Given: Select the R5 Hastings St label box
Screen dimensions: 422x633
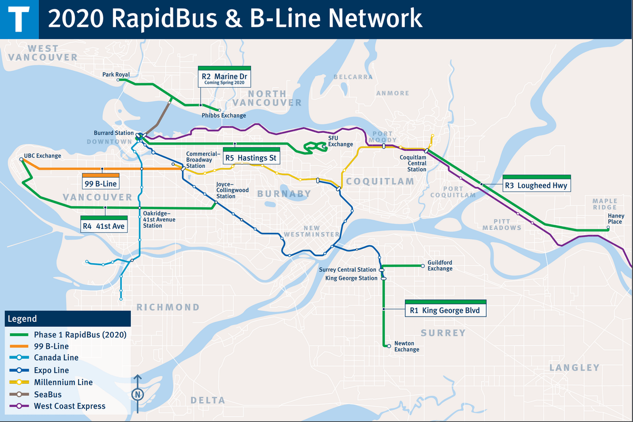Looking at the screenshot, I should tap(250, 157).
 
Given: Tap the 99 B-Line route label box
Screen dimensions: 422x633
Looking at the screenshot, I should tap(101, 183).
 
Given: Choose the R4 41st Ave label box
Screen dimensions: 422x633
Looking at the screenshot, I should tap(103, 225).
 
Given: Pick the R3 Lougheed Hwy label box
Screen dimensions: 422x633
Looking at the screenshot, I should tap(536, 184).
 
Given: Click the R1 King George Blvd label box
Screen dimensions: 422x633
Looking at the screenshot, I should tap(445, 310).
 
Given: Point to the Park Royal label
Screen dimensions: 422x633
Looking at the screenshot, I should tap(116, 75).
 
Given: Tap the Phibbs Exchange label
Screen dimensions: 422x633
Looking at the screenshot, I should tap(223, 116).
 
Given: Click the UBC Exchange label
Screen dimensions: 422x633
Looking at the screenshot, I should tap(42, 156).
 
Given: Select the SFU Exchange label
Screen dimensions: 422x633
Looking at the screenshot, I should tap(340, 141).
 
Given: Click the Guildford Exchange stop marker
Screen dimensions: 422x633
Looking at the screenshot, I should tap(423, 266).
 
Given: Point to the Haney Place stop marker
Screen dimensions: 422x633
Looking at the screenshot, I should tap(608, 228).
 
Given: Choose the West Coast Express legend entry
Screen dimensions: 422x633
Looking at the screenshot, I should tap(70, 406).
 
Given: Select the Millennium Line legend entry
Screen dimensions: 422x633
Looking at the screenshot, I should tap(63, 382).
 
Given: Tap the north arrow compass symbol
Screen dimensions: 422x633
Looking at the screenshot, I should tap(138, 393).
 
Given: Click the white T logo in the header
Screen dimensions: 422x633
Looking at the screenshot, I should tap(20, 19).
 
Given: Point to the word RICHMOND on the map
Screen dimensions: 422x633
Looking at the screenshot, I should tap(168, 307).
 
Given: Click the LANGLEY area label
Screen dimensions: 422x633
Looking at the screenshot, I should tap(574, 368).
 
